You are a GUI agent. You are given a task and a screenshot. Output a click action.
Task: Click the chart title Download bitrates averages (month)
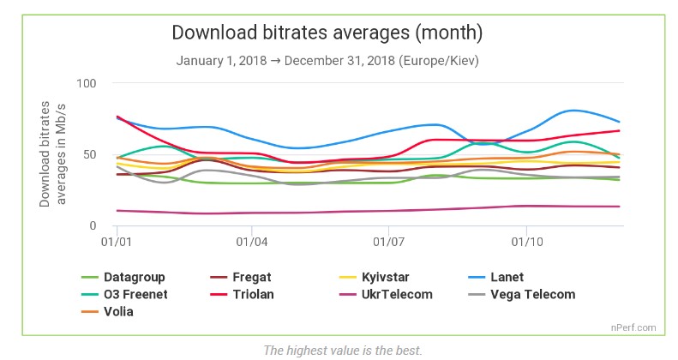[x=327, y=33]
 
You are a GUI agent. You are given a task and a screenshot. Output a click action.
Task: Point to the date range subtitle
[x=327, y=61]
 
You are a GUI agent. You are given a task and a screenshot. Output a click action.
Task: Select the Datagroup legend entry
[x=134, y=277]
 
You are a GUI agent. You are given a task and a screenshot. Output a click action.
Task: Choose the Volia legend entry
[x=119, y=311]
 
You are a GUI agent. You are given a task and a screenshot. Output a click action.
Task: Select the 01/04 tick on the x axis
[x=251, y=243]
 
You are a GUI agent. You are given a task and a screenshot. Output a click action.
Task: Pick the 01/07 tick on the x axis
[x=389, y=243]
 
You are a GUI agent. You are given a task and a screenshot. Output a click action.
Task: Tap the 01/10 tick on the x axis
[x=525, y=243]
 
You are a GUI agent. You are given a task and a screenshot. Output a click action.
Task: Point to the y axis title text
[x=53, y=154]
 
